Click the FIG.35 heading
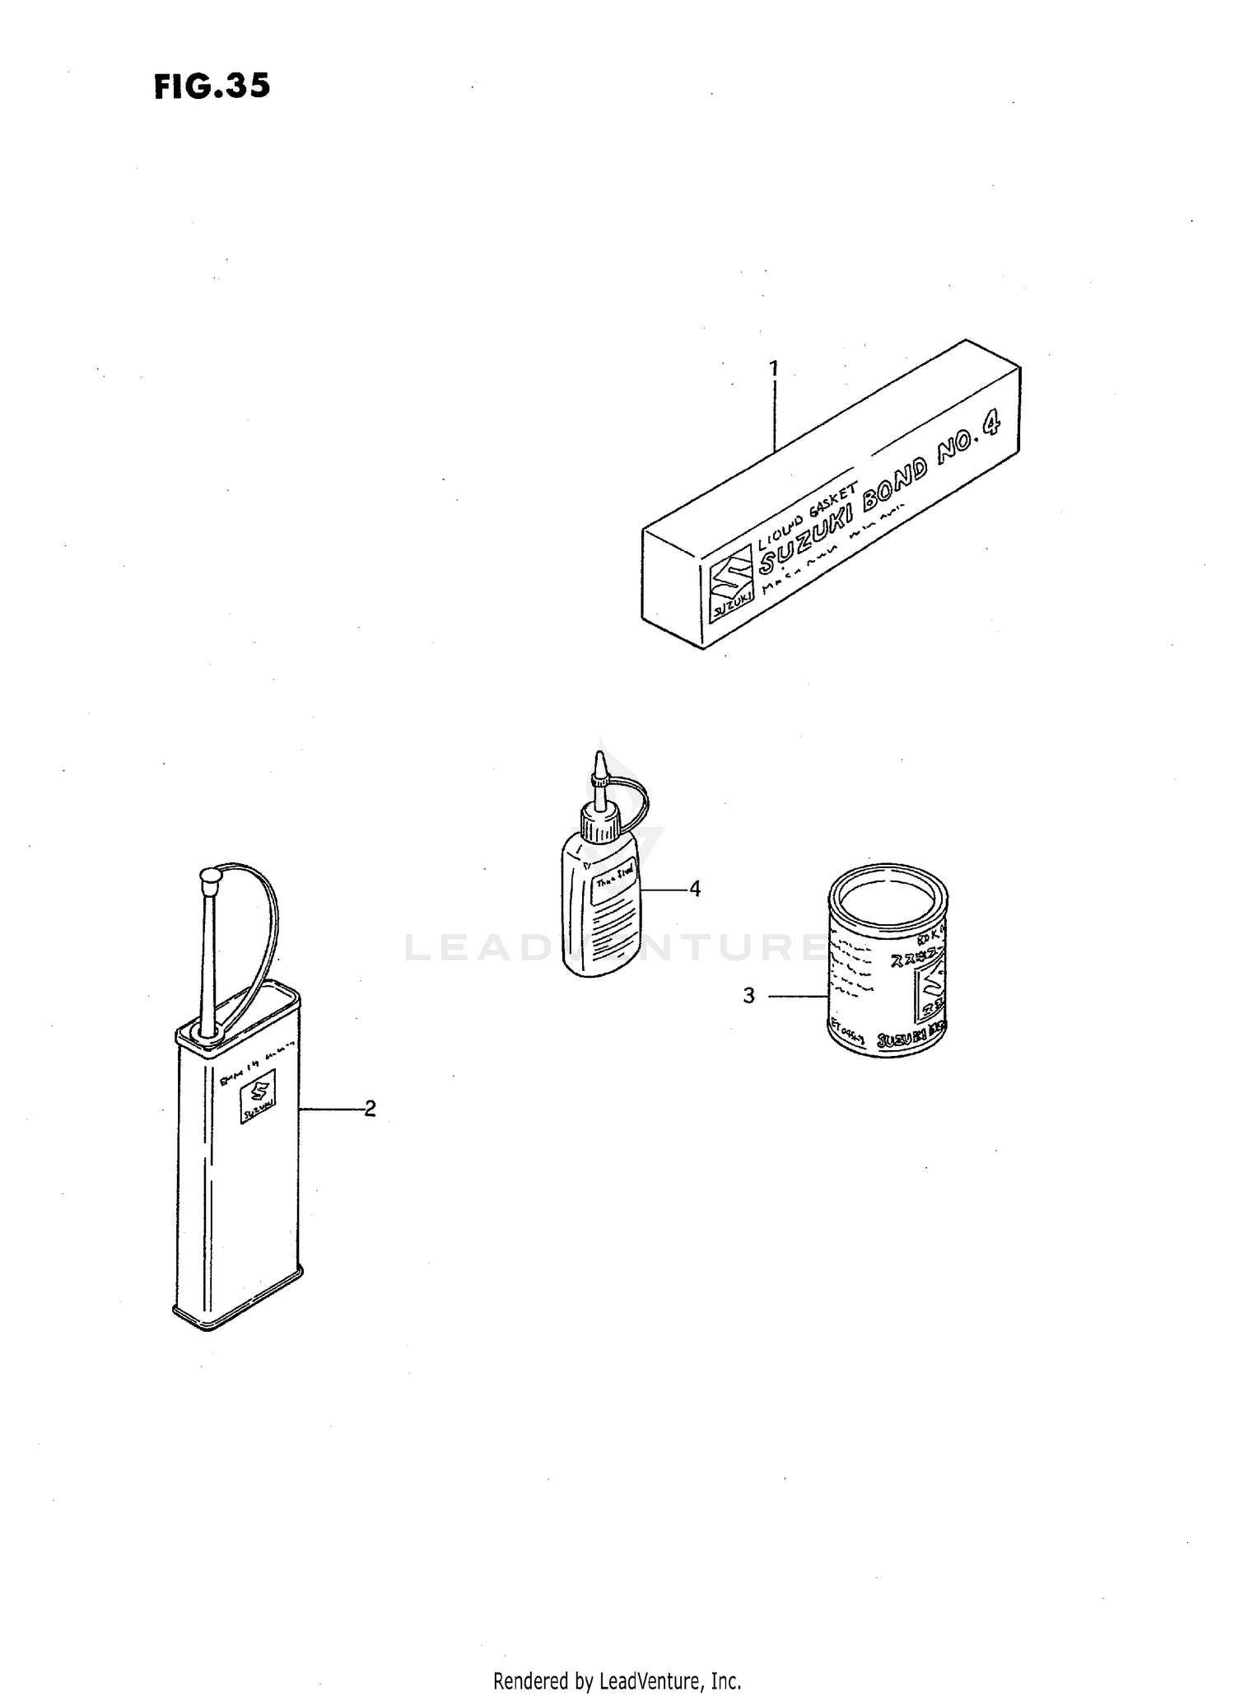click(x=212, y=86)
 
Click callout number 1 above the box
click(x=773, y=368)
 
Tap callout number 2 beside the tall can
click(x=370, y=1109)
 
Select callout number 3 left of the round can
click(x=748, y=996)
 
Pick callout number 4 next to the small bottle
click(x=695, y=889)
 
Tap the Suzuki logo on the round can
click(x=932, y=989)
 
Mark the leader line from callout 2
click(x=332, y=1110)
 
